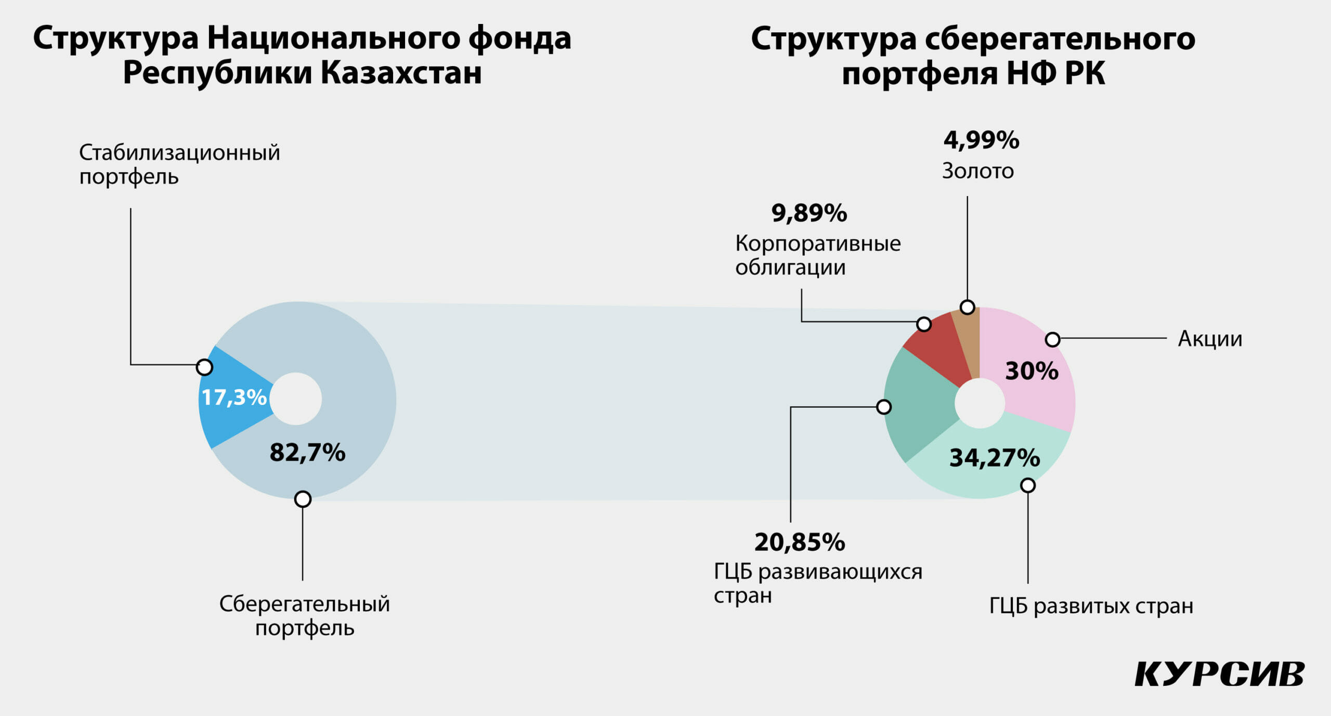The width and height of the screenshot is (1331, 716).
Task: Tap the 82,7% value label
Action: (307, 452)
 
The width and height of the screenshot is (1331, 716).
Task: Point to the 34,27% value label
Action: (995, 458)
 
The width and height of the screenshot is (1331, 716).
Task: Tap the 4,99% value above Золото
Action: (981, 140)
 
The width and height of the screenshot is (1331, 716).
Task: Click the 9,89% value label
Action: (809, 213)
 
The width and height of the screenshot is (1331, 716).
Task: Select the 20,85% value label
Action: (800, 542)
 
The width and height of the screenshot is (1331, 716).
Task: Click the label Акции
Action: (1210, 339)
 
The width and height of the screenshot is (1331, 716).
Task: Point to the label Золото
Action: (977, 171)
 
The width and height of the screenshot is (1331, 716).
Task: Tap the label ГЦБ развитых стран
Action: (1091, 606)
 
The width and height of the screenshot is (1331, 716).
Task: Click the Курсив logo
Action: (1220, 674)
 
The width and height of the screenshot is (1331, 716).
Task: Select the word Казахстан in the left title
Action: (401, 72)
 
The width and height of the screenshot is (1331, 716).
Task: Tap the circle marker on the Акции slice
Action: (1052, 339)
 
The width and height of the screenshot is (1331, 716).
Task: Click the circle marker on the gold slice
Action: (967, 307)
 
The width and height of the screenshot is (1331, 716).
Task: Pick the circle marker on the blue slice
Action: (204, 367)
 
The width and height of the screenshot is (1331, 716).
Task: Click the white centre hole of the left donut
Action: (296, 399)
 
